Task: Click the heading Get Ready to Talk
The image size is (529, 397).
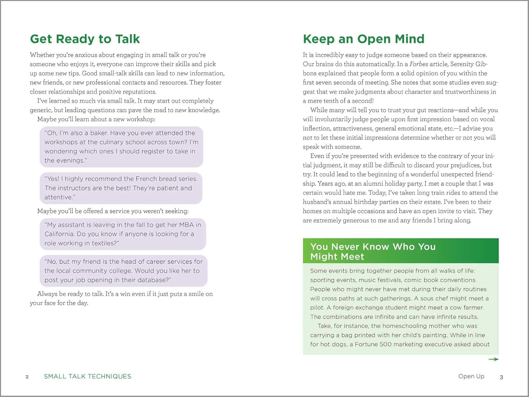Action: tap(85, 39)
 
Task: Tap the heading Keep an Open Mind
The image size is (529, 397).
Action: tap(364, 39)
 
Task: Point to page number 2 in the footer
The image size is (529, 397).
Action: tap(27, 377)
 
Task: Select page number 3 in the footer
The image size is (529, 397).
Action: tap(501, 377)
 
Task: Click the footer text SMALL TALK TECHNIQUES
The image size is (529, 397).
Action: tap(87, 377)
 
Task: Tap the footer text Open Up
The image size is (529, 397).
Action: tap(471, 376)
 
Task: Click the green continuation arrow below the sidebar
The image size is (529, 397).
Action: tap(493, 359)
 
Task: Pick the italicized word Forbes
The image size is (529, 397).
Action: tap(419, 64)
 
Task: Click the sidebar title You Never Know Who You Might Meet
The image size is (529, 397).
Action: tap(373, 251)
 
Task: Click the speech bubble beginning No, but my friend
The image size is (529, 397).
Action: tap(123, 271)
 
